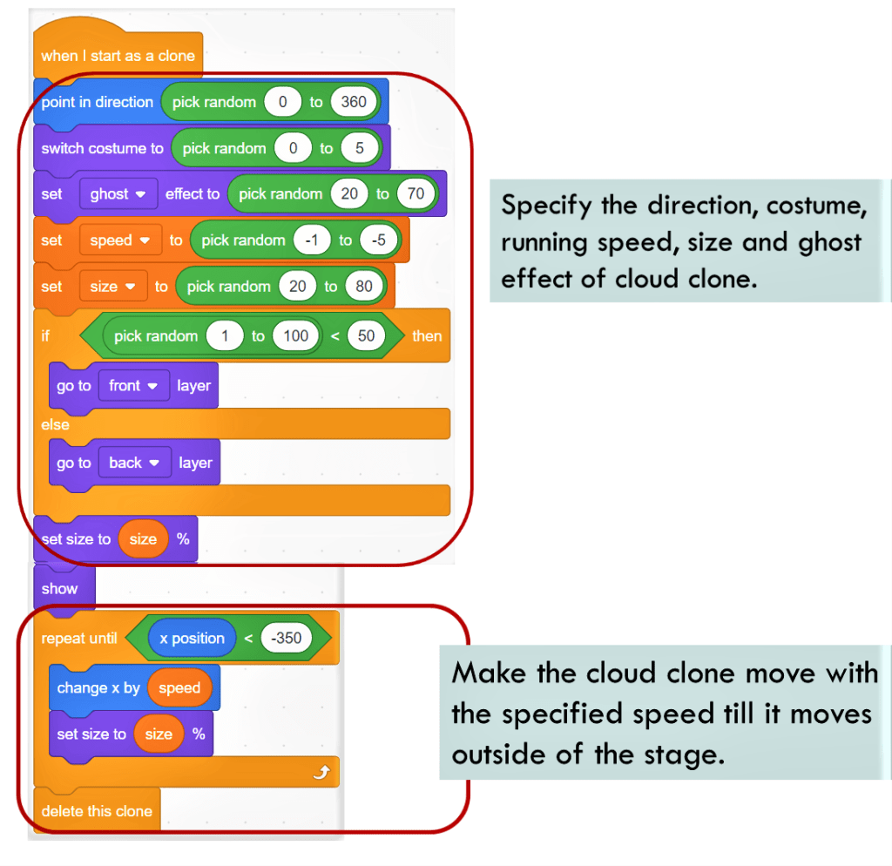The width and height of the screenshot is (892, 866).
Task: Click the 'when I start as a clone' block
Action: pyautogui.click(x=117, y=56)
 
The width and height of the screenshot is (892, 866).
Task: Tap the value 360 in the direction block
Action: pyautogui.click(x=354, y=102)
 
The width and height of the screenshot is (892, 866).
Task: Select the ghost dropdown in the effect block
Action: pyautogui.click(x=117, y=194)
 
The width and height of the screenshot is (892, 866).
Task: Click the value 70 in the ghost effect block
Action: pyautogui.click(x=416, y=194)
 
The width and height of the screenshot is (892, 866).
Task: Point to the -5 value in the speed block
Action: pyautogui.click(x=378, y=240)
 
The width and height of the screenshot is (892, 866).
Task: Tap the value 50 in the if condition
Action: pyautogui.click(x=366, y=336)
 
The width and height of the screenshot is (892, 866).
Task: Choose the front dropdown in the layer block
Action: pyautogui.click(x=132, y=386)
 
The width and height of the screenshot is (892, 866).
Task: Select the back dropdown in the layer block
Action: pyautogui.click(x=133, y=463)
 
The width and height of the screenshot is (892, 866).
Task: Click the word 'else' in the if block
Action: pyautogui.click(x=55, y=424)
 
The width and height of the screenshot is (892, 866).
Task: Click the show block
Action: pyautogui.click(x=59, y=589)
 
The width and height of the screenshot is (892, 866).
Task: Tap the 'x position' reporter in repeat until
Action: pyautogui.click(x=192, y=639)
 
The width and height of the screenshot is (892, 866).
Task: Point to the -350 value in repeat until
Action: pyautogui.click(x=286, y=639)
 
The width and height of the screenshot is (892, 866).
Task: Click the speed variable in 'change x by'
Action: pyautogui.click(x=179, y=688)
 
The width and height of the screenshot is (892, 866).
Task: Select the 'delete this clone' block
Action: pyautogui.click(x=97, y=811)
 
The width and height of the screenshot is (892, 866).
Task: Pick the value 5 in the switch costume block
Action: pyautogui.click(x=359, y=148)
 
